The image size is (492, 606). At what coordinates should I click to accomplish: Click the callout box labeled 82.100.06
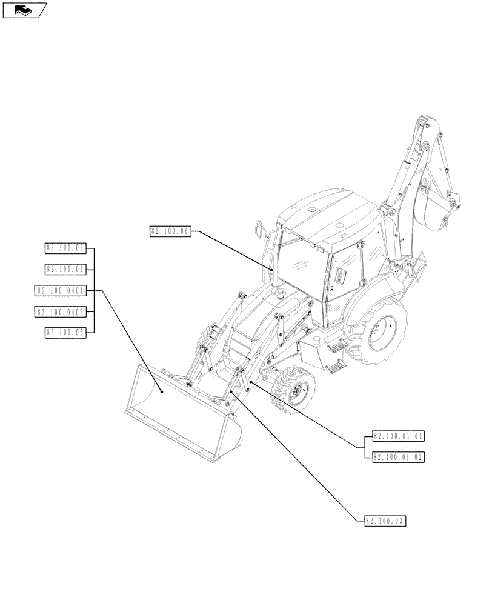point(170,231)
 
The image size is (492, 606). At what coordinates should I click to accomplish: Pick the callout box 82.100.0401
point(61,291)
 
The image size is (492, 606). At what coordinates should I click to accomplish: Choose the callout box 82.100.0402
point(61,311)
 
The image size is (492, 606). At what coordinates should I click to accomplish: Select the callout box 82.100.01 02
point(398,457)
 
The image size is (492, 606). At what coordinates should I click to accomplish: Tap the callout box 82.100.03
point(386,521)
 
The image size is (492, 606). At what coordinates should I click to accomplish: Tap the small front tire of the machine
point(293,391)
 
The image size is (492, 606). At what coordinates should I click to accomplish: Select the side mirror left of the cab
point(260,230)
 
